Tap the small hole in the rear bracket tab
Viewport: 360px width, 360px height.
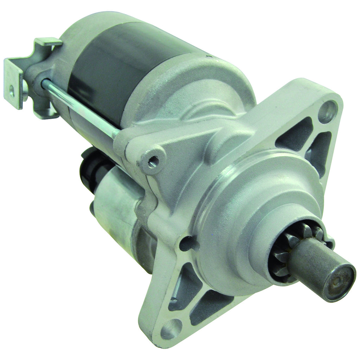pos(12,92)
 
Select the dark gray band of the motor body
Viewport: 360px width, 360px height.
pos(116,63)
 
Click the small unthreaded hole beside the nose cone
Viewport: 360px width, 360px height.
pos(186,243)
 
